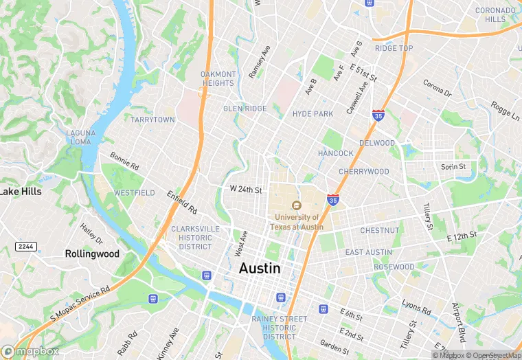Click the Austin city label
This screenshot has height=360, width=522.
[260, 269]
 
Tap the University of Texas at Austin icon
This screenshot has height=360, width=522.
[296, 205]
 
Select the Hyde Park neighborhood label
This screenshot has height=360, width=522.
[313, 114]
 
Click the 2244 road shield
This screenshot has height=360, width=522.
[25, 246]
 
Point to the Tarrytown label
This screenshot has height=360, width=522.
[152, 120]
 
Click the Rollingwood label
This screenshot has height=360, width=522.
[92, 254]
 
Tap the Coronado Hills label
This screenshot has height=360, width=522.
[495, 14]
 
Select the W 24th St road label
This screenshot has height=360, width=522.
[246, 190]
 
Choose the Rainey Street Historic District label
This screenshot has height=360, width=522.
[279, 328]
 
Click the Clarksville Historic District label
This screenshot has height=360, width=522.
[195, 237]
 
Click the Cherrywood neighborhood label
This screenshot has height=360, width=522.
[363, 172]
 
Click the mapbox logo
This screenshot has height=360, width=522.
[31, 351]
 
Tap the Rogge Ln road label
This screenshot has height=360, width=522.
[506, 111]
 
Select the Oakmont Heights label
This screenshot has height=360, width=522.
[218, 78]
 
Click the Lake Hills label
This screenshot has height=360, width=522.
[21, 192]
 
